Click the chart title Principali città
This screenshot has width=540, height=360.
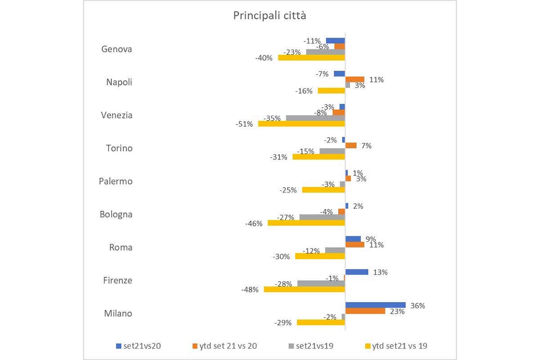tap(270, 16)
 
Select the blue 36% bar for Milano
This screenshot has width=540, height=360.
tap(375, 305)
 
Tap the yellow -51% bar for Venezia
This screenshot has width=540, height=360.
tap(301, 124)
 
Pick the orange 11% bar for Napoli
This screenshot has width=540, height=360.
tap(355, 80)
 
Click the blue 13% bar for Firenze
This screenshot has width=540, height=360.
tap(356, 272)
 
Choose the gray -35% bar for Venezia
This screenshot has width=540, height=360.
tap(315, 118)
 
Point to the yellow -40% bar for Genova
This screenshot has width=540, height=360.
tap(311, 58)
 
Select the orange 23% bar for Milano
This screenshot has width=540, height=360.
tap(365, 311)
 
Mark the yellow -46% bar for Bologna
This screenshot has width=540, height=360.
tap(306, 223)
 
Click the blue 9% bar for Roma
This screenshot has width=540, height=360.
tap(353, 239)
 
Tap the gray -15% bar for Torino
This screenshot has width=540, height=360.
tap(332, 151)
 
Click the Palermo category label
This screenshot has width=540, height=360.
tap(116, 181)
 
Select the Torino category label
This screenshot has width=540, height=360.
tap(119, 148)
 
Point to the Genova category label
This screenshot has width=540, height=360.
tap(117, 49)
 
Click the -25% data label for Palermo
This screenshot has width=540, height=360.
tap(288, 190)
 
